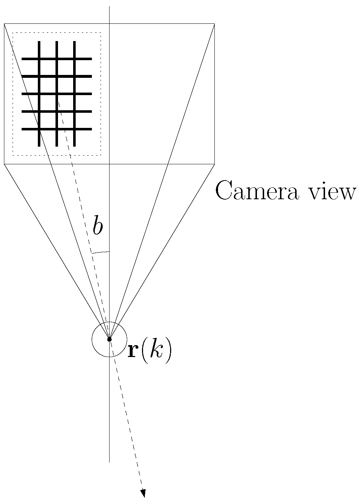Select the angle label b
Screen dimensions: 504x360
pos(97,226)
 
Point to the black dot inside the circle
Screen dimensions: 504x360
pos(109,339)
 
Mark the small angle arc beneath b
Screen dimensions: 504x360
pos(100,252)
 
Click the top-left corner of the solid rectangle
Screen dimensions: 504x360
pos(4,24)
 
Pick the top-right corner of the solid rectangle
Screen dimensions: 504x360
pos(214,24)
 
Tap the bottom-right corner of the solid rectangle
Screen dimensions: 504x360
pos(214,164)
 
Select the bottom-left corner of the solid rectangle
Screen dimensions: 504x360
pos(4,164)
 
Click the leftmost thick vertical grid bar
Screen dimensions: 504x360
pos(39,94)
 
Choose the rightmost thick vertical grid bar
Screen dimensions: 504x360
pos(74,94)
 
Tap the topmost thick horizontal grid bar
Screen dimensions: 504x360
pos(57,59)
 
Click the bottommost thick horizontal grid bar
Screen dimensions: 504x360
pos(57,129)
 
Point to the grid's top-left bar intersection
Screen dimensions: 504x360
pos(39,59)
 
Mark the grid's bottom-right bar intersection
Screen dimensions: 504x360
pos(74,129)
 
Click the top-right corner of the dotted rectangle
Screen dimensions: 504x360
pos(101,33)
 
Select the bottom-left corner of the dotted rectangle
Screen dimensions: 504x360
pos(13,155)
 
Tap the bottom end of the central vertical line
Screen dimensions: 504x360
pos(109,461)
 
